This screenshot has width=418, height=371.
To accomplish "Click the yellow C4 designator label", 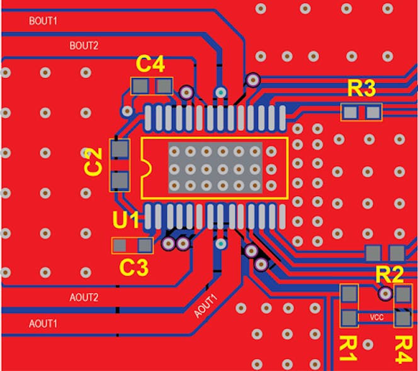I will coord(151,64).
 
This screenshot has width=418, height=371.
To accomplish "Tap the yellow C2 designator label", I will coord(93,161).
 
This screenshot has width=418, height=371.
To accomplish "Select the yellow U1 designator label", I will coord(126,220).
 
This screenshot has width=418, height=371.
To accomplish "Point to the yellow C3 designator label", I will coord(134,268).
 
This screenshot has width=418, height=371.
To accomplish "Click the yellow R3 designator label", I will coord(361,89).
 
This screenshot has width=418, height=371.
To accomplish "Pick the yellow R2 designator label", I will coord(389,274).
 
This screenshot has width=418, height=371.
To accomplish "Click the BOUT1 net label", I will coord(43,21).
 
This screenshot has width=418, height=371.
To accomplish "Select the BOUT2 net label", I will coord(84,45).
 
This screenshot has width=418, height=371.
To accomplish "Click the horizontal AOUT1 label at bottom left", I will coord(43,324).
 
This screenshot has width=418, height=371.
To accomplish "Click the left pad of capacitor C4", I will coord(140,85).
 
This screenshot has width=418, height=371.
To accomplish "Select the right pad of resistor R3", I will coord(373,113).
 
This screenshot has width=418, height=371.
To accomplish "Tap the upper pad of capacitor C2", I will coord(119,149).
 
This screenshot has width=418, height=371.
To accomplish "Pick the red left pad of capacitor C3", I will coord(120,245).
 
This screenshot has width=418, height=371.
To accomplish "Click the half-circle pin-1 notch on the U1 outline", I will coord(145,169).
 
